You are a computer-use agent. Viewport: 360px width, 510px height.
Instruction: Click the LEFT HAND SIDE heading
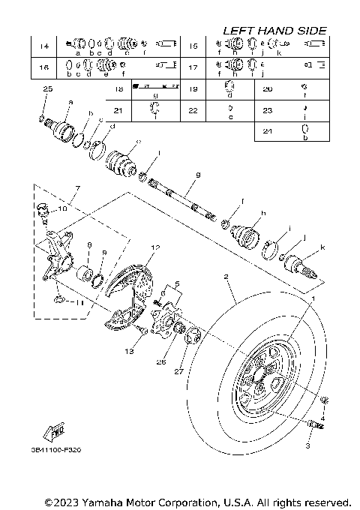click(x=274, y=31)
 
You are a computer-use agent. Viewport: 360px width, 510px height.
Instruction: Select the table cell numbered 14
click(x=44, y=47)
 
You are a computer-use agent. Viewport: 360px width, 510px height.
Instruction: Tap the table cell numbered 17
click(x=193, y=68)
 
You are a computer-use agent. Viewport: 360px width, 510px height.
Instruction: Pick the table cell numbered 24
click(x=268, y=131)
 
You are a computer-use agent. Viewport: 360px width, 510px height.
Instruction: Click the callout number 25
click(x=49, y=89)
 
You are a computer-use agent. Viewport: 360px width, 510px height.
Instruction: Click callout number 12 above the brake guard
click(x=156, y=246)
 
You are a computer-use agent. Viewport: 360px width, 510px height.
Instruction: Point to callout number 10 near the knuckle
click(x=62, y=209)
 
